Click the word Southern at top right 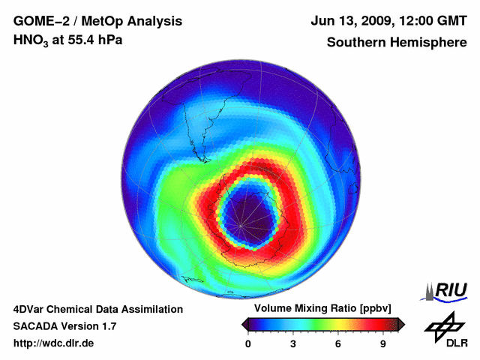[355, 42]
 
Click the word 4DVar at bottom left [30, 309]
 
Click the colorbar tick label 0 [248, 343]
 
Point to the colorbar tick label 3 [293, 343]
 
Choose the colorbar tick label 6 [338, 343]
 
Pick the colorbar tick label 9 [382, 343]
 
